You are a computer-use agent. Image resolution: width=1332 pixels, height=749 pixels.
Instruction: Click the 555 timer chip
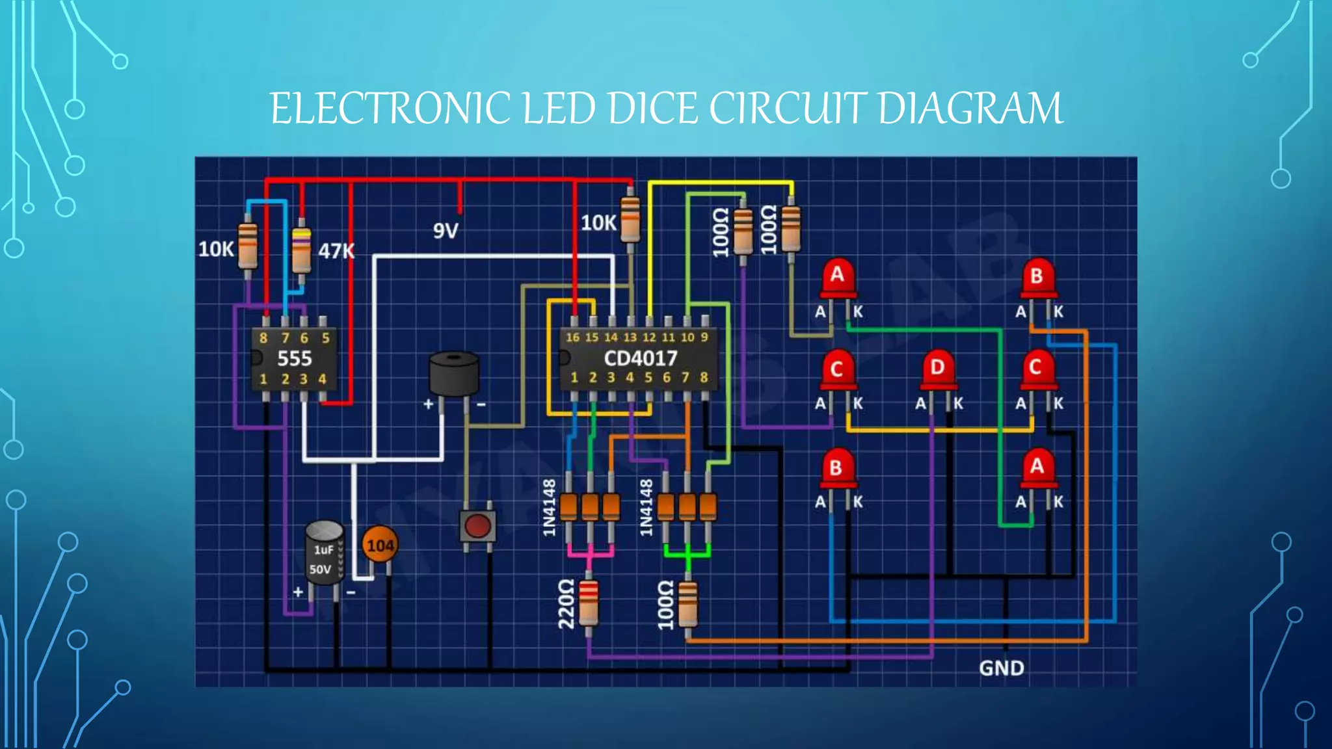click(294, 358)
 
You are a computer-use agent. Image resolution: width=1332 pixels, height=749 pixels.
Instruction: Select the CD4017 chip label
click(640, 358)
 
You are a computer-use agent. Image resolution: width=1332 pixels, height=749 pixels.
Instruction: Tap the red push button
click(477, 525)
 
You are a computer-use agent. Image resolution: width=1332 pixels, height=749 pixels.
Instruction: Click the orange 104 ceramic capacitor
click(380, 545)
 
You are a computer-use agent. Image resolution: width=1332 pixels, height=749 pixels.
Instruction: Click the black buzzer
click(454, 374)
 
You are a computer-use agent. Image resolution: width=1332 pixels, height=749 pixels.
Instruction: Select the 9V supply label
click(446, 231)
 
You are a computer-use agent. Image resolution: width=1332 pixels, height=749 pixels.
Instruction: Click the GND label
click(1001, 668)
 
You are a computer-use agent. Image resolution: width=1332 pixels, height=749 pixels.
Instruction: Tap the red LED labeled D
click(937, 369)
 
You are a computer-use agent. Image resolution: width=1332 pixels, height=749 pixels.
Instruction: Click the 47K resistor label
click(336, 251)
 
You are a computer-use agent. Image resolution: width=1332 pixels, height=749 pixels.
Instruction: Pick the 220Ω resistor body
click(588, 602)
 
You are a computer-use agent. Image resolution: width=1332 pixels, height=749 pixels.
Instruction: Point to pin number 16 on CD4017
click(572, 337)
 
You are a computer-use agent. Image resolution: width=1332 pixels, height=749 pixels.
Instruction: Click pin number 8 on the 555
click(263, 338)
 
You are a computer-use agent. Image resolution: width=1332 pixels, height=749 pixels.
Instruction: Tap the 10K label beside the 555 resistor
click(216, 249)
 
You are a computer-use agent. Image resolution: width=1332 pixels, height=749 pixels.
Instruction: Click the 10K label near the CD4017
click(598, 223)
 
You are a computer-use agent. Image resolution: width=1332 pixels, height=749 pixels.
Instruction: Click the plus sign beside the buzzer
click(428, 404)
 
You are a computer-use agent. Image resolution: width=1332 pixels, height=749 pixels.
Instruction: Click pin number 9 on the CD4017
click(704, 337)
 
